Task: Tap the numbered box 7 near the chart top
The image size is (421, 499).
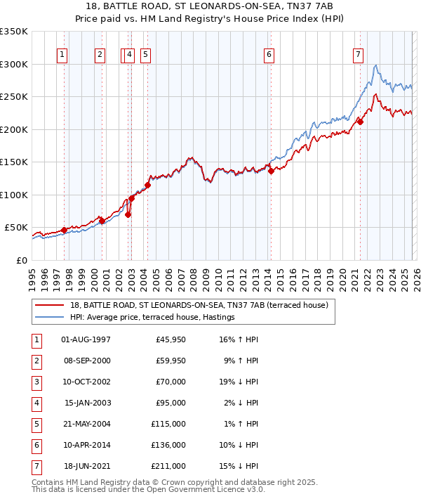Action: (x=359, y=54)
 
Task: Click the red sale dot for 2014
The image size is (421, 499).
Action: (x=271, y=171)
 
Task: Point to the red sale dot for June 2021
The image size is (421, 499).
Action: (x=360, y=122)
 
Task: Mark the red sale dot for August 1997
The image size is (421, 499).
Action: (x=64, y=230)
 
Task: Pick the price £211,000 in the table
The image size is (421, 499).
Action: (x=168, y=466)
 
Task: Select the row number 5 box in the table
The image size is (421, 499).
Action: (x=35, y=424)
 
